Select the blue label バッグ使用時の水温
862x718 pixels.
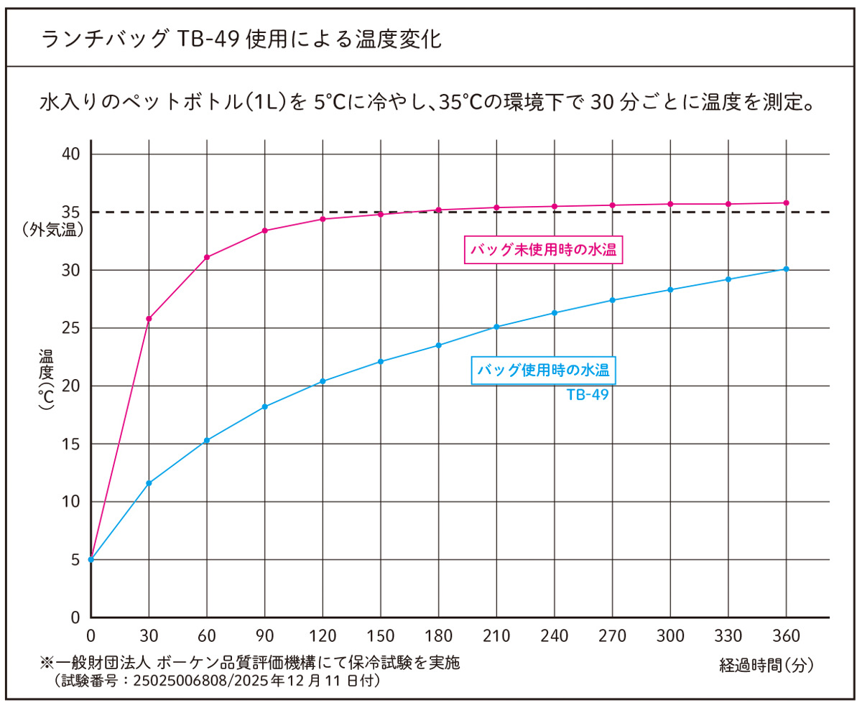[x=543, y=370]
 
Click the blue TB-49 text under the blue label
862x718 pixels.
[x=588, y=394]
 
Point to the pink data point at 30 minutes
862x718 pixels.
[x=149, y=319]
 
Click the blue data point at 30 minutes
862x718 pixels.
[x=149, y=483]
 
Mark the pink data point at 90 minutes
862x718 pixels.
[x=265, y=230]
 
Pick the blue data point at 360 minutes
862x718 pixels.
[x=787, y=269]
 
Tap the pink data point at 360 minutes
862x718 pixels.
[x=787, y=202]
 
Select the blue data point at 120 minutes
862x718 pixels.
[x=323, y=381]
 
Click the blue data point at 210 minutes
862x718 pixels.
[x=496, y=327]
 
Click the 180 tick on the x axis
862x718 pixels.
[x=438, y=635]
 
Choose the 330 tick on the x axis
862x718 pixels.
[x=728, y=635]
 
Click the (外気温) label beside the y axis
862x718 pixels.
[x=53, y=230]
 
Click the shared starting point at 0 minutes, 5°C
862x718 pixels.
[x=91, y=559]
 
